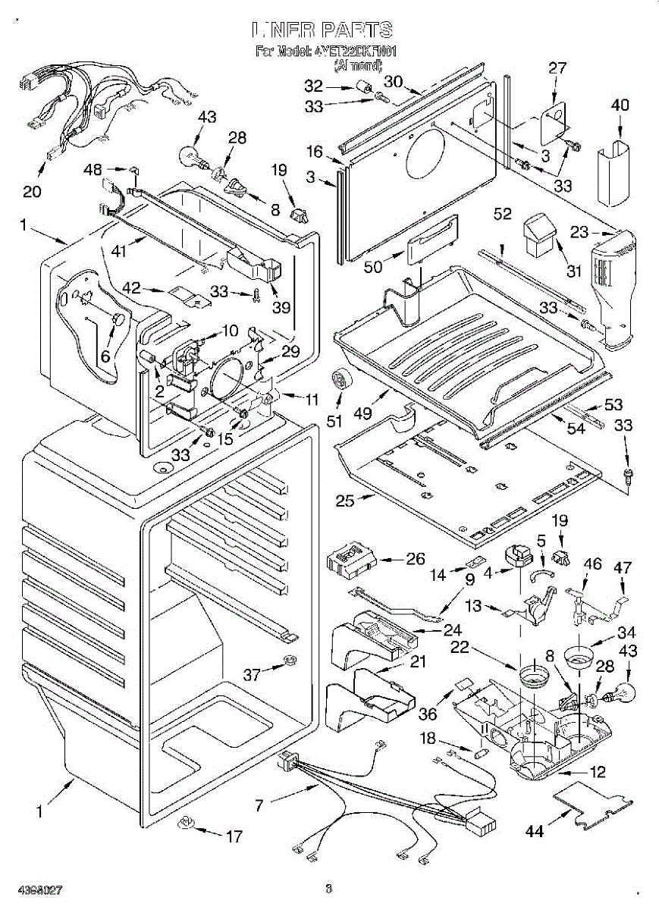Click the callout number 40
(x=620, y=105)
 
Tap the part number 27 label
(x=557, y=67)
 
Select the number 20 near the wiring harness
(x=32, y=191)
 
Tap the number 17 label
(x=234, y=836)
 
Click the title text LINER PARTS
(x=322, y=31)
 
